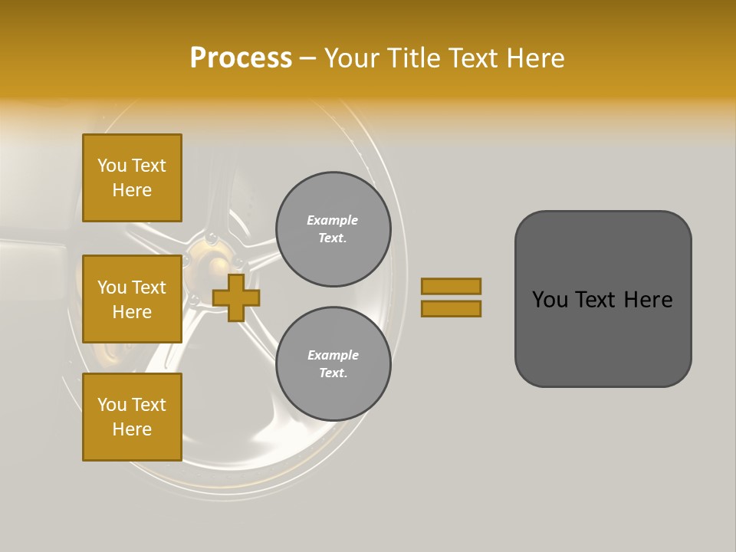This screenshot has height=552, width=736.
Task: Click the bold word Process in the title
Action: coord(241,58)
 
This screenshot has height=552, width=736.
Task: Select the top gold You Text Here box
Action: coord(132,178)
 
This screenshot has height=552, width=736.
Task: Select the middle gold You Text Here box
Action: coord(132,299)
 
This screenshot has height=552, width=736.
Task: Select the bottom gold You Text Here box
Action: coord(132,417)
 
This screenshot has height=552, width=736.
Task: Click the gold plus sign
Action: coord(236,297)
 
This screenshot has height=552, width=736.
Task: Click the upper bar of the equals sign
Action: coord(452,286)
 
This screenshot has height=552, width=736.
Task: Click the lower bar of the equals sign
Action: coord(452,309)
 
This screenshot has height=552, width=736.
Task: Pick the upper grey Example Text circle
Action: coord(333,229)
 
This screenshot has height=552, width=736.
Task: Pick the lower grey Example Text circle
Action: coord(333,363)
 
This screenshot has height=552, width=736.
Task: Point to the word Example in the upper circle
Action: coord(333,220)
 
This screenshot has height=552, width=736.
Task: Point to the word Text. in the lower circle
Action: coord(333,373)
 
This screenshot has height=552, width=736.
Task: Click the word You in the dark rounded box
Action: coord(550,300)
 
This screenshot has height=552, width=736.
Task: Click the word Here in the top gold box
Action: coord(132,190)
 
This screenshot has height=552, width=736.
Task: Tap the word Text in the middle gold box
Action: coord(148,287)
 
